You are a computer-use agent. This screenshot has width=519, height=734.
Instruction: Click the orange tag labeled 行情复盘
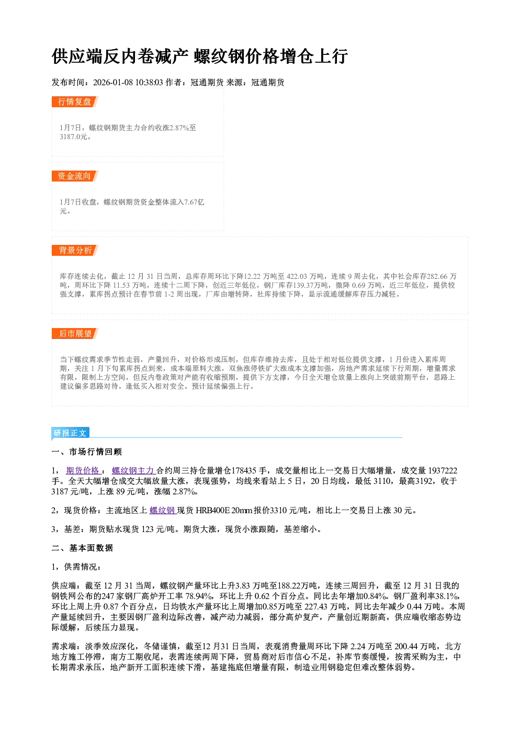click(x=75, y=101)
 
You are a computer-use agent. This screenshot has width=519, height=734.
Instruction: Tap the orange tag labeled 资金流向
click(x=75, y=176)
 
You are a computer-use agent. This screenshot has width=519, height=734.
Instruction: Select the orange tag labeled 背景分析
click(x=75, y=251)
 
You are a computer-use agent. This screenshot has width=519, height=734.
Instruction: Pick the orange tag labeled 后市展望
click(x=75, y=334)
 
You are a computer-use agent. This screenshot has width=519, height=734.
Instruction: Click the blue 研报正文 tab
click(x=70, y=433)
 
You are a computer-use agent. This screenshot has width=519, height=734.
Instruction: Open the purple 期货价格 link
click(x=83, y=470)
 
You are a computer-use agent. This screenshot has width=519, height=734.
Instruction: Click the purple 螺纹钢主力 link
click(x=133, y=470)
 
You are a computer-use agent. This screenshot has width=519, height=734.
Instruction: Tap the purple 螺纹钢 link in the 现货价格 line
click(x=163, y=510)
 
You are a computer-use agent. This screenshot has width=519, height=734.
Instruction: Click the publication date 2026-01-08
click(x=112, y=82)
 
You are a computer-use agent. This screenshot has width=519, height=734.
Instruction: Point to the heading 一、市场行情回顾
click(x=87, y=452)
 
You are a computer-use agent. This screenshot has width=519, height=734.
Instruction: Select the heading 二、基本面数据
click(x=82, y=548)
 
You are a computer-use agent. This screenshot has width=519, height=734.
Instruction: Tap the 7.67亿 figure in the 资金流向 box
click(x=194, y=202)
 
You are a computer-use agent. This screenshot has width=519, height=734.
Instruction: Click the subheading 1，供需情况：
click(x=76, y=567)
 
